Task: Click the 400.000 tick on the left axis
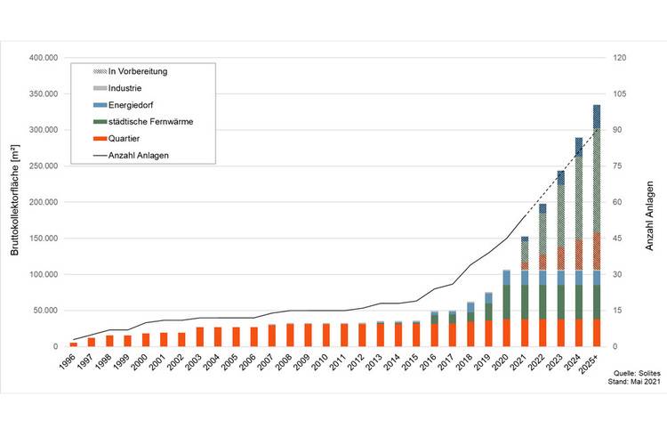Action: pyautogui.click(x=43, y=57)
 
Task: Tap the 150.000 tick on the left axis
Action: pyautogui.click(x=43, y=239)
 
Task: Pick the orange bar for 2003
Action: pyautogui.click(x=200, y=336)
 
